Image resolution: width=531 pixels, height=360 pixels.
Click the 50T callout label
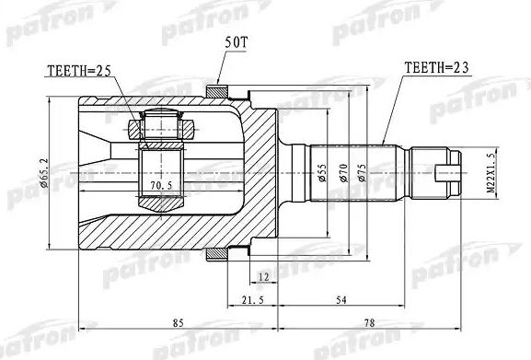click(236, 42)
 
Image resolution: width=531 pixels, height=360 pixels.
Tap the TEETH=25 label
click(79, 71)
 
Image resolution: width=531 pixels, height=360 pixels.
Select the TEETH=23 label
click(436, 68)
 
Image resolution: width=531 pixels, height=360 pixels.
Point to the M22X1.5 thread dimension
click(491, 172)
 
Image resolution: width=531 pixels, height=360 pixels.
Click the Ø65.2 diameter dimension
click(44, 173)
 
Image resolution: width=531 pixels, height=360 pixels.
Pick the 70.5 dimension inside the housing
click(161, 185)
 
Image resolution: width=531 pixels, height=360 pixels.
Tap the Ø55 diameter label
click(322, 173)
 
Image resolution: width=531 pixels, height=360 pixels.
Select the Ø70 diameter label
click(343, 173)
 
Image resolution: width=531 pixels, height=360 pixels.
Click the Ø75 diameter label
click(362, 173)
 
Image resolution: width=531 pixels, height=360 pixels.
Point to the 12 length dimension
click(263, 277)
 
